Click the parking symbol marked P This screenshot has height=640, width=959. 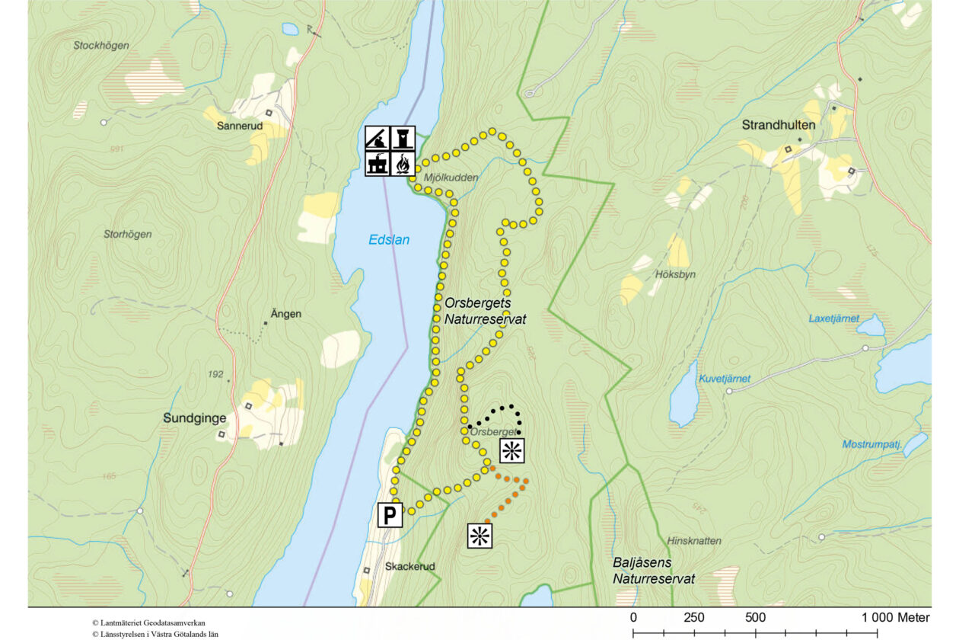[x=390, y=516]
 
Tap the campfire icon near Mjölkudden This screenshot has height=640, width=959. [x=403, y=164]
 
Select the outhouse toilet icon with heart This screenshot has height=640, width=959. [x=403, y=138]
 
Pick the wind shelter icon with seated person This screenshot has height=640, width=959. [x=378, y=138]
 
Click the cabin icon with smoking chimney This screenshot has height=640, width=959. [x=378, y=164]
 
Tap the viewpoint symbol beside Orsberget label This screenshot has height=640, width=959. [x=511, y=450]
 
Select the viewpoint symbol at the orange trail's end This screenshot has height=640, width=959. [x=480, y=536]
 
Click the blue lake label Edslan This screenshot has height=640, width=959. [x=389, y=240]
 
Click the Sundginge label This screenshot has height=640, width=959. [x=191, y=418]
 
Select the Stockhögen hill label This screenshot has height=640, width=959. [x=101, y=46]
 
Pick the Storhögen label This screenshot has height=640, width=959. [x=127, y=235]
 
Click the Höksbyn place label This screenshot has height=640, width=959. [x=675, y=274]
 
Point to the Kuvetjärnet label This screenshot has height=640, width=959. [x=725, y=379]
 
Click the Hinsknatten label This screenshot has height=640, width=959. [x=693, y=541]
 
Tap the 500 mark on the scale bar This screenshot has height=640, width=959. [x=755, y=617]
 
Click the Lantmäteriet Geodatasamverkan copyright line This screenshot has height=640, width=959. [x=148, y=622]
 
